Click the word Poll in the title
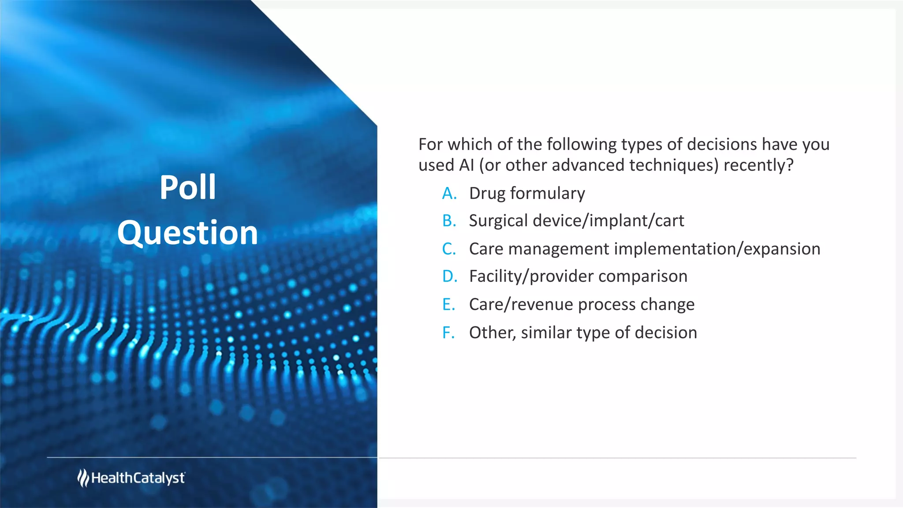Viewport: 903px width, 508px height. point(187,188)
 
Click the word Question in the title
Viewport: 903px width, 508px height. point(187,233)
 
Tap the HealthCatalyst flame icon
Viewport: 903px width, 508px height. point(83,478)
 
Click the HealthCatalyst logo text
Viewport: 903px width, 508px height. point(138,478)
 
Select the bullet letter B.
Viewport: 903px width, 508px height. point(449,221)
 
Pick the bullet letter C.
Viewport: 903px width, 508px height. point(449,249)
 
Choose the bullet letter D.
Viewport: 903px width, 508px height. point(449,276)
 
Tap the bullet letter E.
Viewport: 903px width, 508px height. point(448,305)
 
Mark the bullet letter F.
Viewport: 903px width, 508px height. point(448,333)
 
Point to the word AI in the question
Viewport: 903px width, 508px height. point(466,165)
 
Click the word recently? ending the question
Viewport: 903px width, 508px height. point(758,165)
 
